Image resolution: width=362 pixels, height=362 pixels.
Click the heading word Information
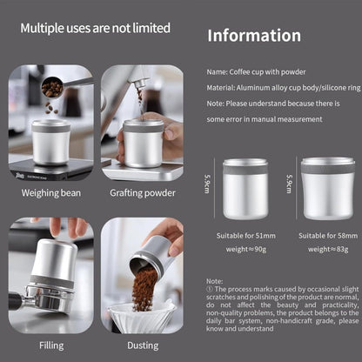coord(253,36)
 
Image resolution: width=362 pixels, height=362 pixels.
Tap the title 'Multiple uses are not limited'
coord(96,28)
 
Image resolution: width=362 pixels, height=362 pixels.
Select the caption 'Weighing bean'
coord(51,193)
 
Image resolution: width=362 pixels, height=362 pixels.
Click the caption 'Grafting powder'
coord(142,193)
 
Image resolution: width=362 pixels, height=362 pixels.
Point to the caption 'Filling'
coord(51,345)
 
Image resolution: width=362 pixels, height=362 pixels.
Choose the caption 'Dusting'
coord(142,345)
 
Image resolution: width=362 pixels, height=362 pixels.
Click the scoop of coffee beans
coord(52,88)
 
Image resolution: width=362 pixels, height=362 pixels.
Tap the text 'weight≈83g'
coord(327,250)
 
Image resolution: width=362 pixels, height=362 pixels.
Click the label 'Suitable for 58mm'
coord(327,236)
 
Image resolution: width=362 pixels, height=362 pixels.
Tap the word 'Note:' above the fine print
coord(215,305)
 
